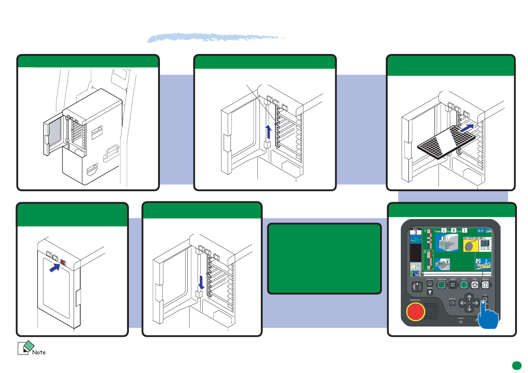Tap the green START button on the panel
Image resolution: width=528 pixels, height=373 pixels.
[x=462, y=285]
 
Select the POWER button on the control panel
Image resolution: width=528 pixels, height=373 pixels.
[x=486, y=285]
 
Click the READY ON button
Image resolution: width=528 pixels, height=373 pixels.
[x=441, y=285]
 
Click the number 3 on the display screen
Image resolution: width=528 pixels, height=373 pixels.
[x=416, y=232]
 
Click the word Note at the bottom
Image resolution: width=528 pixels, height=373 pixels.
[x=39, y=352]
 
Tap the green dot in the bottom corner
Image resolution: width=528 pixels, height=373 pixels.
[x=516, y=365]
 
